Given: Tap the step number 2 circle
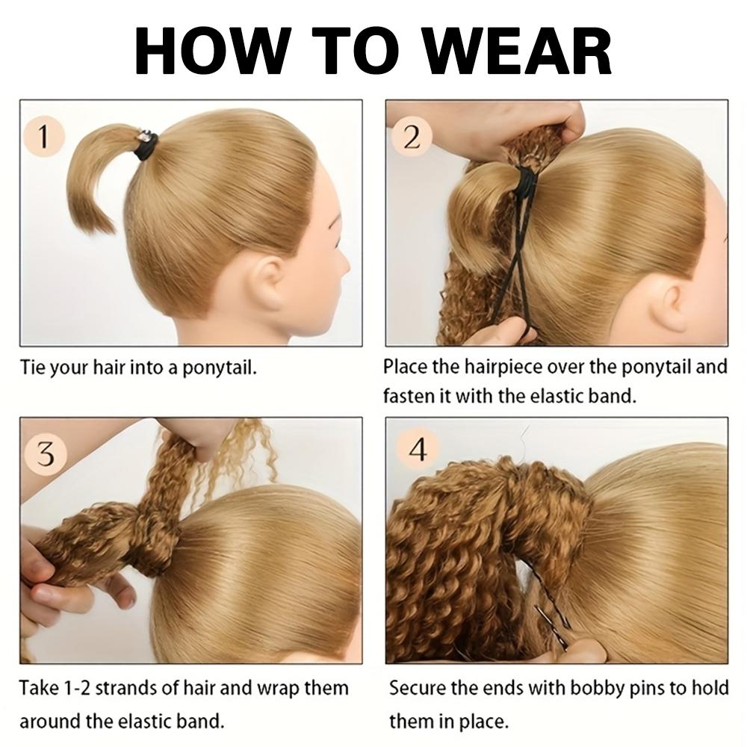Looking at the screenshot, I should [x=412, y=137].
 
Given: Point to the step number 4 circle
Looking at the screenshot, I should [x=419, y=451].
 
